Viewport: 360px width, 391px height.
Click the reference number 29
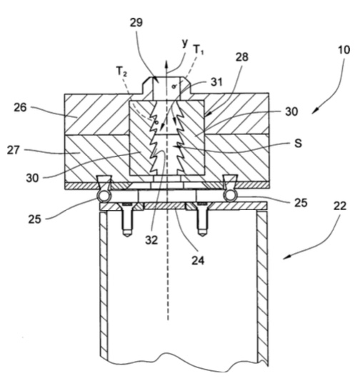(136, 22)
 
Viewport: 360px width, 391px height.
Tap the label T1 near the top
(199, 49)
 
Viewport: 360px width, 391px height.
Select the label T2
(122, 71)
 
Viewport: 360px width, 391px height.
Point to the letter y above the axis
(184, 44)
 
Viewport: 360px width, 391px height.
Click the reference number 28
(242, 57)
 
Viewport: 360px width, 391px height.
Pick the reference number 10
(344, 50)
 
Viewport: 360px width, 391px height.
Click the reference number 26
(20, 108)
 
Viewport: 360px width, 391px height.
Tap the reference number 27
(14, 150)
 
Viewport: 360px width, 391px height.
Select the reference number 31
(216, 81)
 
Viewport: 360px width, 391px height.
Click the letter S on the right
(298, 144)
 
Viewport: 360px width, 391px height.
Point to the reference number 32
(151, 240)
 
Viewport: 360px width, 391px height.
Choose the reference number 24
(198, 260)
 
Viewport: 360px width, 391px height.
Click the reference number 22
(340, 206)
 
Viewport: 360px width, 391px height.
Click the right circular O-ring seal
(231, 196)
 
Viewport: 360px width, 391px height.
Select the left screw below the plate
(127, 219)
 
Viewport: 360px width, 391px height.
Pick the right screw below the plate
(202, 219)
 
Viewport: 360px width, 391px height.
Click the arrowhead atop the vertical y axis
(167, 64)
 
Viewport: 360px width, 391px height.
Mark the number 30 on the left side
(32, 178)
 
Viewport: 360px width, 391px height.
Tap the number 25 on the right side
(301, 202)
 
